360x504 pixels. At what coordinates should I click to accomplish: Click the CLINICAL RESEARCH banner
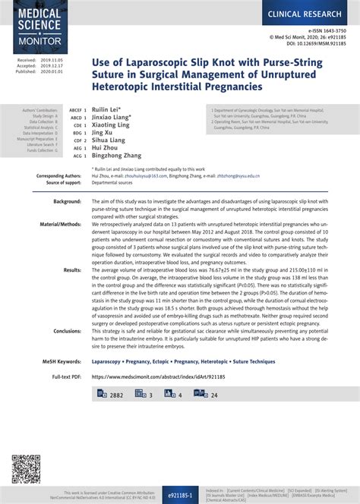click(308, 14)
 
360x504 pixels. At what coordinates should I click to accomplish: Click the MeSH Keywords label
click(61, 362)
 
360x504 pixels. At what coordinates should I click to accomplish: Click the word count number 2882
click(116, 395)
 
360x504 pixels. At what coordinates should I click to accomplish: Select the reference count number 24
click(213, 395)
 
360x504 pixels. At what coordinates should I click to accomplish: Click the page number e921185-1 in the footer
click(180, 494)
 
